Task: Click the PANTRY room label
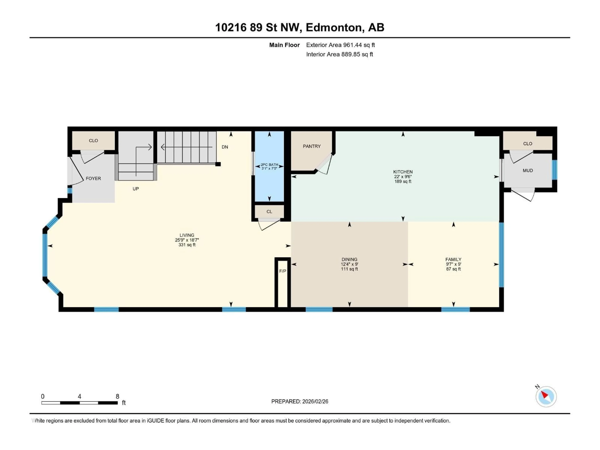(312, 146)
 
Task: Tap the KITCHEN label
(403, 172)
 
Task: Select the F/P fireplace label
(283, 271)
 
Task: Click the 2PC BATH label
(269, 165)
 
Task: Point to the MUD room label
(527, 170)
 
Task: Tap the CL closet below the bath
(269, 212)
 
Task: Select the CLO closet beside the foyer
(93, 140)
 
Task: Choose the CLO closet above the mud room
(527, 143)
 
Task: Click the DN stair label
(225, 147)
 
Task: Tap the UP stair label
(136, 189)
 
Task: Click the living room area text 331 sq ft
(187, 245)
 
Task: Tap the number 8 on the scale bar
(117, 396)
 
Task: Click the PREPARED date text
(300, 401)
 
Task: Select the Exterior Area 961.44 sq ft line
(340, 45)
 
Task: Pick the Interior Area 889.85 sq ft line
(340, 54)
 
